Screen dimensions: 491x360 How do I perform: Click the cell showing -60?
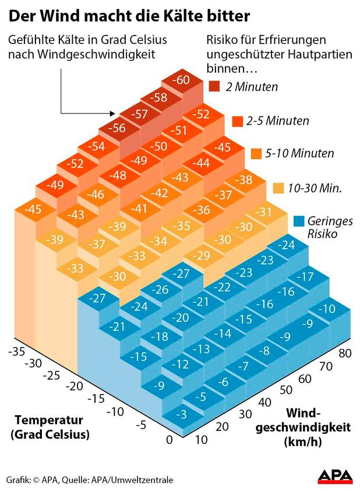[x=182, y=80]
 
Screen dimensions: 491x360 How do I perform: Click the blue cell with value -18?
[x=158, y=336]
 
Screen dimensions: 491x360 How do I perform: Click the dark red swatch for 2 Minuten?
[x=214, y=87]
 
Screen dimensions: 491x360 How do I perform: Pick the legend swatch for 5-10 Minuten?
[x=255, y=154]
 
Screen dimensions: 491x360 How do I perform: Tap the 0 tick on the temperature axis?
[x=169, y=440]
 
